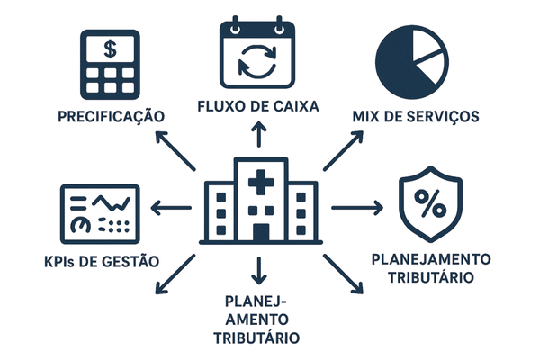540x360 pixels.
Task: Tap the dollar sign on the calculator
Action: tap(110, 49)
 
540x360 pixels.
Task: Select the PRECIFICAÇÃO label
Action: tap(111, 117)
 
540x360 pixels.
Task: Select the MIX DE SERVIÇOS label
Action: tap(415, 117)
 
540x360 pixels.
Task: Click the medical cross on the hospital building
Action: tap(261, 183)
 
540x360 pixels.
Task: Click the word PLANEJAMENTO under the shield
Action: tap(431, 259)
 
